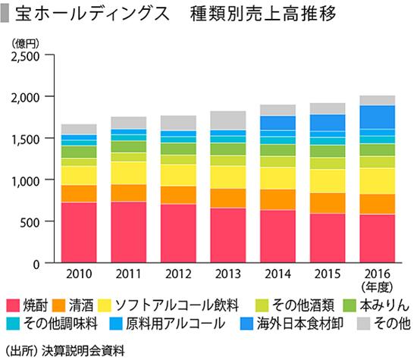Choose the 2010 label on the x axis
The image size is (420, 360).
pyautogui.click(x=79, y=274)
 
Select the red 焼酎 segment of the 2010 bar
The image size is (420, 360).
pyautogui.click(x=79, y=233)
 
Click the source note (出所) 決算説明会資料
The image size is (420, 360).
pyautogui.click(x=58, y=349)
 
